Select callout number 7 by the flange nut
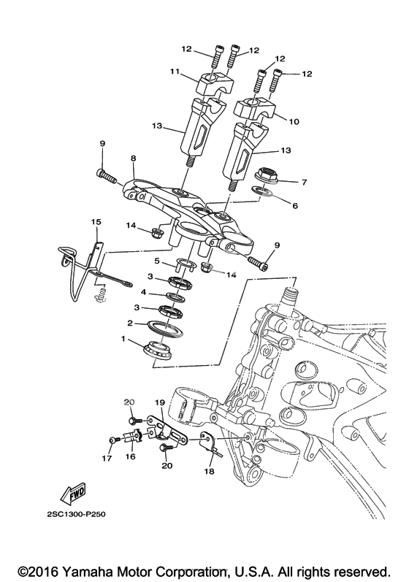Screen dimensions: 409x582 tap(305, 183)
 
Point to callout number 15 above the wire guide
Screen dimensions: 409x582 tap(96, 222)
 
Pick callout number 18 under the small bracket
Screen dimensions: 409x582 tap(210, 472)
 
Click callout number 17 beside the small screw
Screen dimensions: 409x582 tap(107, 459)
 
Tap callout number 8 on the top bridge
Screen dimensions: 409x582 tap(133, 158)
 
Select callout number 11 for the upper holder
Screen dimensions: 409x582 tap(175, 71)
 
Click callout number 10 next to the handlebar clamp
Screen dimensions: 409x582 tap(294, 121)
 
